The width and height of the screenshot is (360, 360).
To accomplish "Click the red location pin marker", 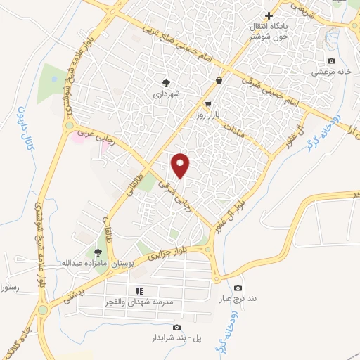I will [x=181, y=165].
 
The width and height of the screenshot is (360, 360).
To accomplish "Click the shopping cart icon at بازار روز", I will [x=208, y=103].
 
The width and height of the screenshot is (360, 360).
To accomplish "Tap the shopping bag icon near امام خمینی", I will [x=219, y=80].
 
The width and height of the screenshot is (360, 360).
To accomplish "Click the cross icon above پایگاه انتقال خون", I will [x=268, y=15].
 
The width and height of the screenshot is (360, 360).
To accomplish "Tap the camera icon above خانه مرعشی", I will [x=331, y=61].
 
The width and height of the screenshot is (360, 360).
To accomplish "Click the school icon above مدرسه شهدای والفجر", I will [x=139, y=290].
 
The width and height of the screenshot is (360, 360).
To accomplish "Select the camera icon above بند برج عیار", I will [x=238, y=288].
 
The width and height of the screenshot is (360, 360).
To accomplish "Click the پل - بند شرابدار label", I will [x=175, y=337].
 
